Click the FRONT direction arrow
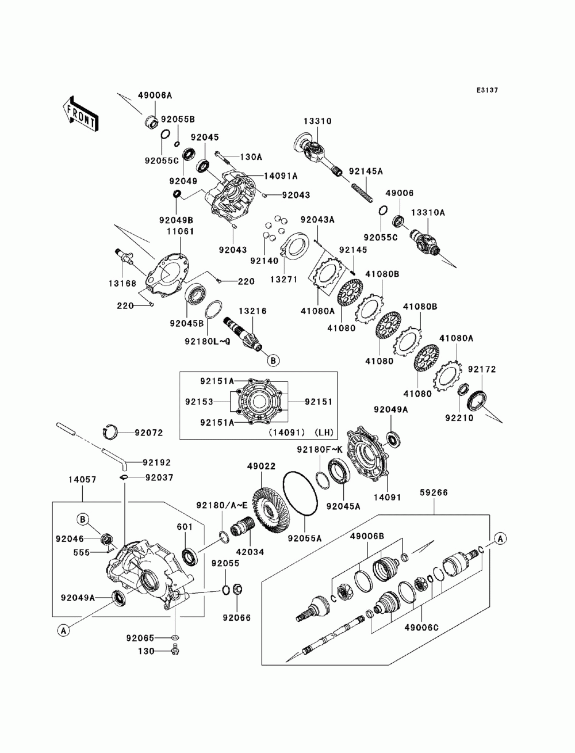pos(80,113)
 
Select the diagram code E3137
pos(487,90)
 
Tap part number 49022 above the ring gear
pos(261,466)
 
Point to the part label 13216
pos(252,311)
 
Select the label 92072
pos(149,433)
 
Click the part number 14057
pos(82,479)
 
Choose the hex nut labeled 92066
pos(237,589)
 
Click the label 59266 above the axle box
pos(434,492)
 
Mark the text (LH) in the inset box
pos(324,433)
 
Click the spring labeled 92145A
pos(362,193)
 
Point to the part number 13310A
pos(428,213)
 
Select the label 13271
pos(283,279)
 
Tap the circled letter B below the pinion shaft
pos(273,361)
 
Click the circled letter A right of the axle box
pos(500,538)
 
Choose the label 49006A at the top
pos(155,95)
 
